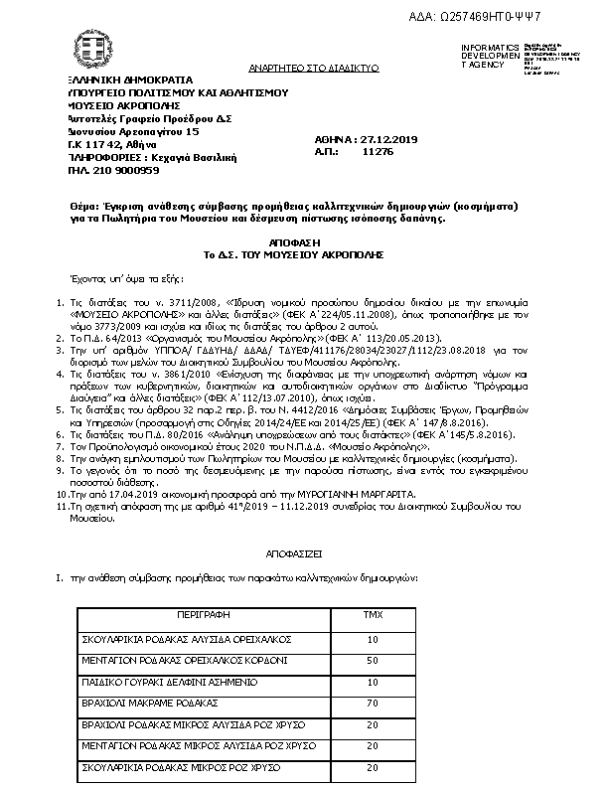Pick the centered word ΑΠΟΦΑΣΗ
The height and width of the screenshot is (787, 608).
click(x=293, y=241)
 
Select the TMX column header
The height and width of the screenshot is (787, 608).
click(x=373, y=616)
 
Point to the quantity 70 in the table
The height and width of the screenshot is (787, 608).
click(x=373, y=703)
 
